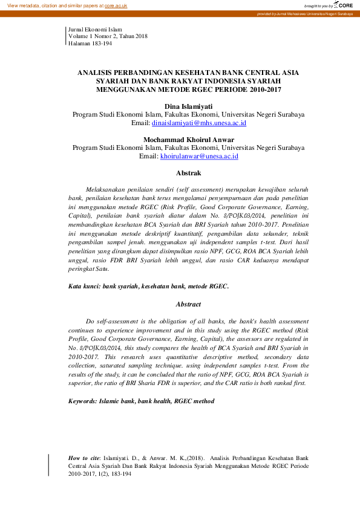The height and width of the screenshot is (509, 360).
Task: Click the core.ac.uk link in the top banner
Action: [116, 5]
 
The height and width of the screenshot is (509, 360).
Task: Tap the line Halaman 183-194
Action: [90, 44]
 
